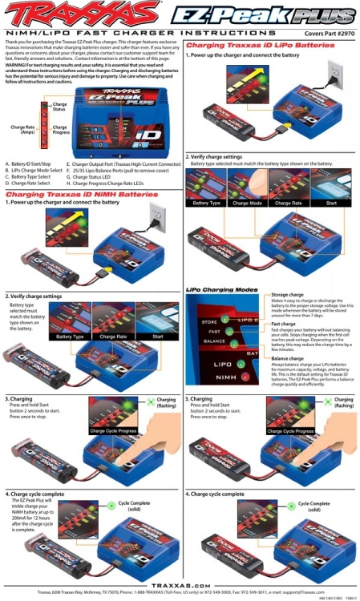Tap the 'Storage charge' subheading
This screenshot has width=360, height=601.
point(287,295)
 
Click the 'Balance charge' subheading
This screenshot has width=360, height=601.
point(286,357)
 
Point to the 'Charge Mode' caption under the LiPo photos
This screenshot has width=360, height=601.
point(249,203)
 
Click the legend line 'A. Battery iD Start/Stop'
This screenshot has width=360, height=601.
point(30,163)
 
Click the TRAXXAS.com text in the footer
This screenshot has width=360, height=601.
point(180,586)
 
